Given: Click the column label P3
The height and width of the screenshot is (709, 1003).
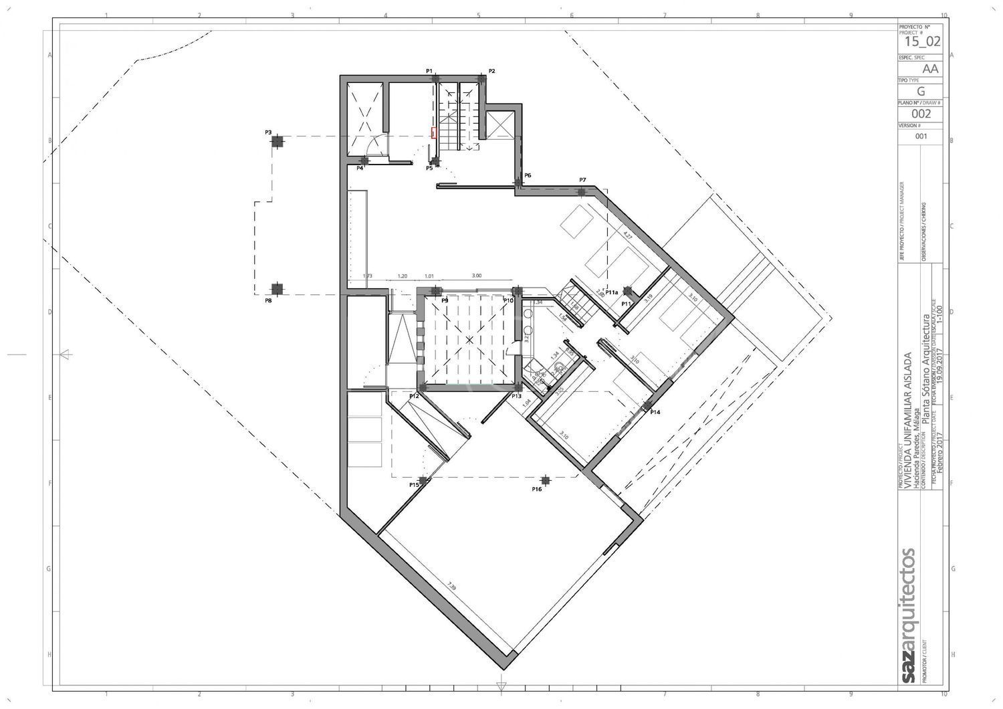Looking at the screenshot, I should click(x=268, y=132).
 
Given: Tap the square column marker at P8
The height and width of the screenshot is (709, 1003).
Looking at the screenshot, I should click(x=277, y=289).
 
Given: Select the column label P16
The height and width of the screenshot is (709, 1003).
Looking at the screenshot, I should click(x=537, y=490).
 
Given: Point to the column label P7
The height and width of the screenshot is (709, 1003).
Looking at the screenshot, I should click(x=582, y=180).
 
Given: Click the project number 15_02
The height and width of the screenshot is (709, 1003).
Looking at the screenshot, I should click(x=922, y=41).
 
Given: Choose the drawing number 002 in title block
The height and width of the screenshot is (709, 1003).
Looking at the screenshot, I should click(x=921, y=114).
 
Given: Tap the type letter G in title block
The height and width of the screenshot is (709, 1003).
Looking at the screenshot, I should click(x=921, y=92).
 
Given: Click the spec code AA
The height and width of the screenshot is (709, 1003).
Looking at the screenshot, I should click(x=930, y=69).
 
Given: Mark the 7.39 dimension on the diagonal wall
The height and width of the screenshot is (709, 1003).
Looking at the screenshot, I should click(x=452, y=588).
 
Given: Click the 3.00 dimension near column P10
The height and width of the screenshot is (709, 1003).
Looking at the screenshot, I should click(x=477, y=276).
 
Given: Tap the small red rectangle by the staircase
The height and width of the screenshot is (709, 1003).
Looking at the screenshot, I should click(x=433, y=132).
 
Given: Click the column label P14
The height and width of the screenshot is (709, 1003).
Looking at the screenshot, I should click(x=655, y=412).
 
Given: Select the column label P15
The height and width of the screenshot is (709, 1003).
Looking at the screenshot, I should click(x=414, y=484).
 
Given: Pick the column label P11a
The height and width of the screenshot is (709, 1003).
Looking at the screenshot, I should click(x=611, y=292).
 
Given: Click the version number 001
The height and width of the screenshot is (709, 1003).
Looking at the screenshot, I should click(x=921, y=136).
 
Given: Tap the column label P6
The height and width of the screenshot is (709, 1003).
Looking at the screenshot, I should click(x=528, y=175).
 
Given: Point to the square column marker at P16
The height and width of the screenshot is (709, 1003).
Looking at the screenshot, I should click(x=546, y=480).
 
